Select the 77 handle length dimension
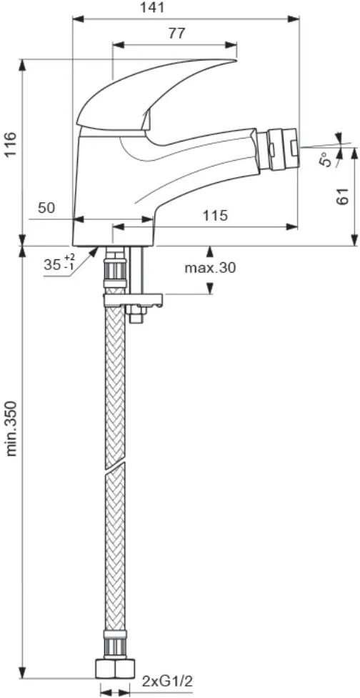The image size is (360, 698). point(176,34)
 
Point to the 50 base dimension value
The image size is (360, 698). point(46,208)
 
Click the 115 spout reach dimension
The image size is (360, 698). point(216,216)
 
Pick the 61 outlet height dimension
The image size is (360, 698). point(342,196)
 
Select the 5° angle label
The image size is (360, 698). point(326,159)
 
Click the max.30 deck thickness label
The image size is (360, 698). point(210,268)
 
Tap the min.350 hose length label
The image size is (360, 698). point(11,428)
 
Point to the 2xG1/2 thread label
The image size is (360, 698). point(168,681)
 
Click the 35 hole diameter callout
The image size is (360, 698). point(59,264)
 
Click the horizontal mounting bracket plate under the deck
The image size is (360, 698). point(133,300)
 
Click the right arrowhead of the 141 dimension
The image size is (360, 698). point(294,19)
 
